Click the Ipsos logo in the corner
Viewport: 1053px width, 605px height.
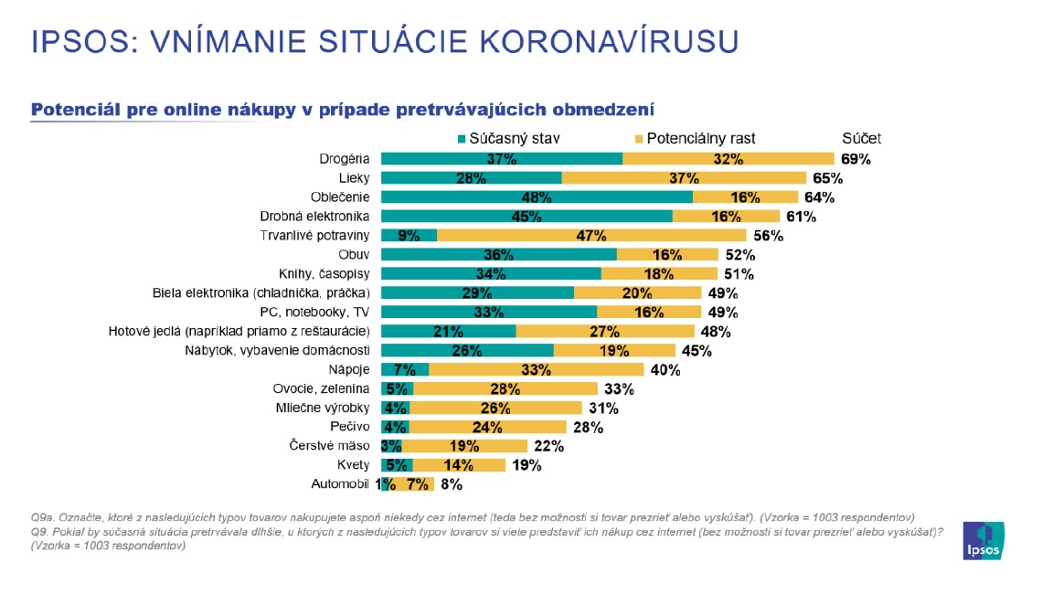984,541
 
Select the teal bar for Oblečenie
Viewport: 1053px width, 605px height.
537,197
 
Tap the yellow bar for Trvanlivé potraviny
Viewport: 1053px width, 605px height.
591,236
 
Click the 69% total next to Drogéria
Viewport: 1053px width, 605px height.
856,159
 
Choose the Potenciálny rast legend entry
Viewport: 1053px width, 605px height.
695,139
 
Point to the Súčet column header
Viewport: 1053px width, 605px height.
861,139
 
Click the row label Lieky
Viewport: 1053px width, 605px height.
353,178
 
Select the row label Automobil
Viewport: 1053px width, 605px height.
341,484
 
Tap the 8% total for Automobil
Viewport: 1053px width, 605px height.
451,484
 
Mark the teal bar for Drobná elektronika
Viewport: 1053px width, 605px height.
526,217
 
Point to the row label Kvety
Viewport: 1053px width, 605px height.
353,465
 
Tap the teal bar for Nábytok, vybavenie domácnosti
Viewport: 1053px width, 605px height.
467,351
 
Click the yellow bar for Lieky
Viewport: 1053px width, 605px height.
684,178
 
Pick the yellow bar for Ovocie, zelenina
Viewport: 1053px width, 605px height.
505,389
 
